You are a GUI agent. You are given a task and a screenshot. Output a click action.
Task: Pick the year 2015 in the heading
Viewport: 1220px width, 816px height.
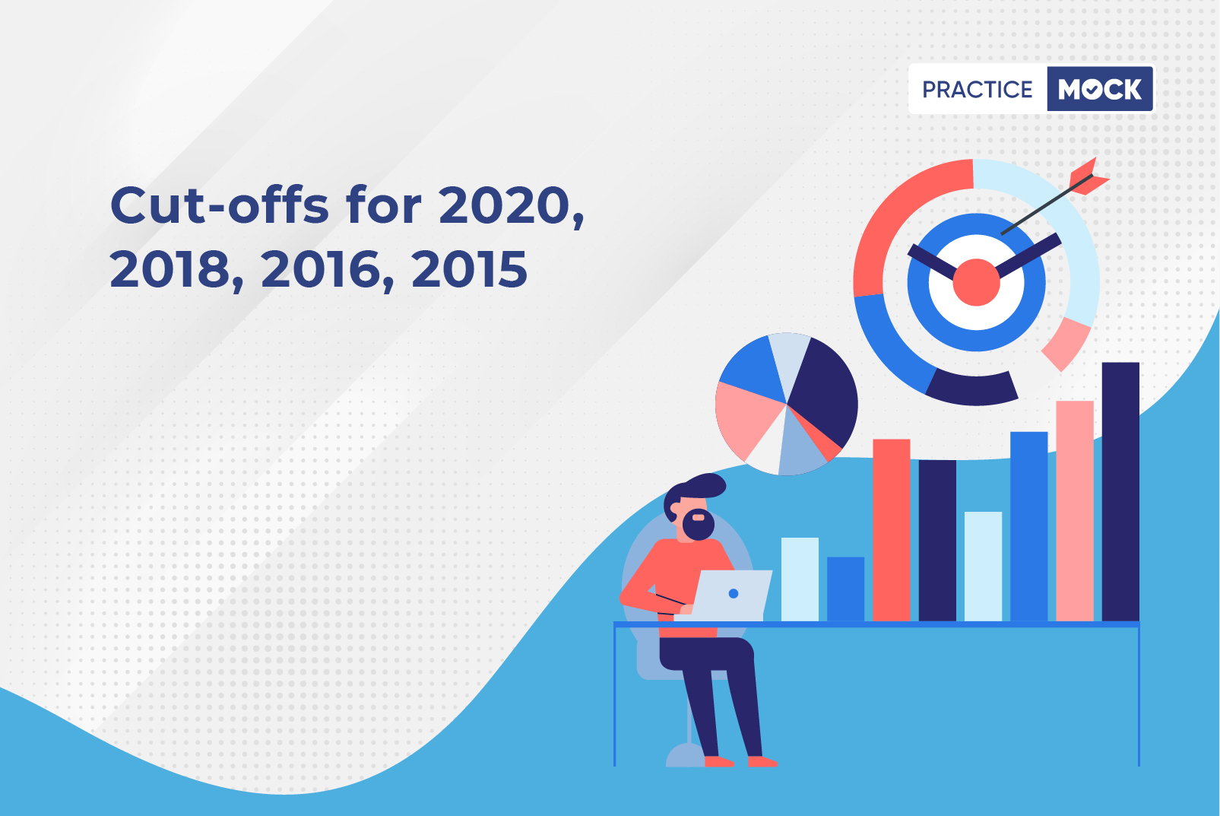pyautogui.click(x=470, y=269)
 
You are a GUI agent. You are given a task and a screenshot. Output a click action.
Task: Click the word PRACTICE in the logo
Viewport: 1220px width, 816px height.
pyautogui.click(x=977, y=90)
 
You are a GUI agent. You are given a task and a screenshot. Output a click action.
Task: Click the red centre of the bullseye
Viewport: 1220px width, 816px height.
pyautogui.click(x=976, y=282)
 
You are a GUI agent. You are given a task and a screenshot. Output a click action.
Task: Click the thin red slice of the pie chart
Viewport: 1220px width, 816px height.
pyautogui.click(x=819, y=435)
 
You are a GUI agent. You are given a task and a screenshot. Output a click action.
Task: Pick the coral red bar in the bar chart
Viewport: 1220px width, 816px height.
pyautogui.click(x=892, y=530)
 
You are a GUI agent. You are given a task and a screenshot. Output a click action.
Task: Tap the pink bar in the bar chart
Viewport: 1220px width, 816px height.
pyautogui.click(x=1075, y=511)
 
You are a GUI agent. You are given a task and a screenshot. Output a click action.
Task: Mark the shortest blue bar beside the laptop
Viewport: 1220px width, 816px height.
pyautogui.click(x=846, y=589)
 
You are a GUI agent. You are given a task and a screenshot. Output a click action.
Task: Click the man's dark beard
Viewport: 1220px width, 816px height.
pyautogui.click(x=698, y=525)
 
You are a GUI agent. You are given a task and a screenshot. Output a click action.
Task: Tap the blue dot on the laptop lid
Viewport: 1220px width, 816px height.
pyautogui.click(x=733, y=594)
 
